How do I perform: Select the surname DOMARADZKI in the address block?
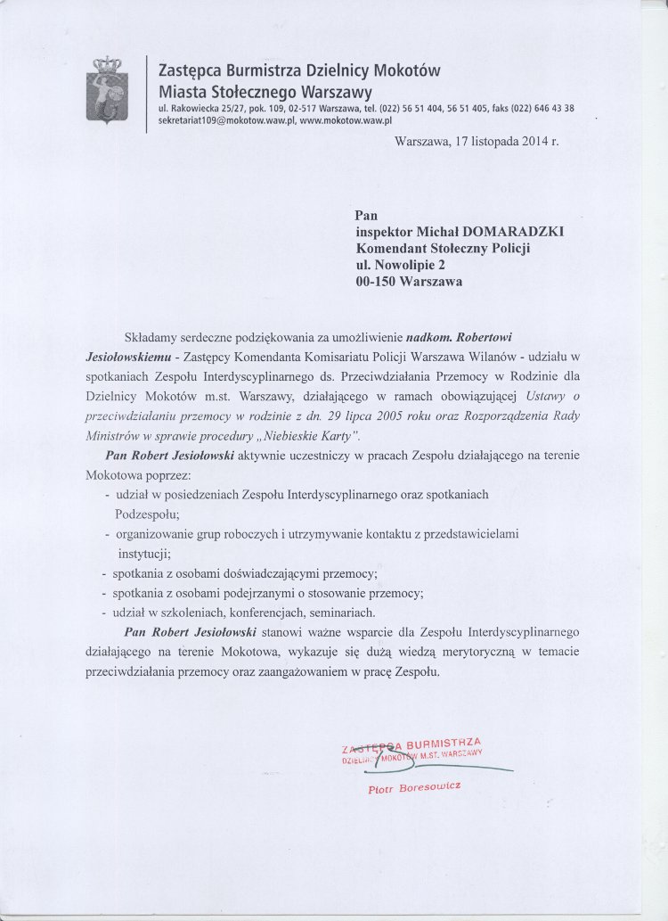(509, 232)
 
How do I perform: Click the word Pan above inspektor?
(366, 215)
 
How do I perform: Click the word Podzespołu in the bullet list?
(147, 514)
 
